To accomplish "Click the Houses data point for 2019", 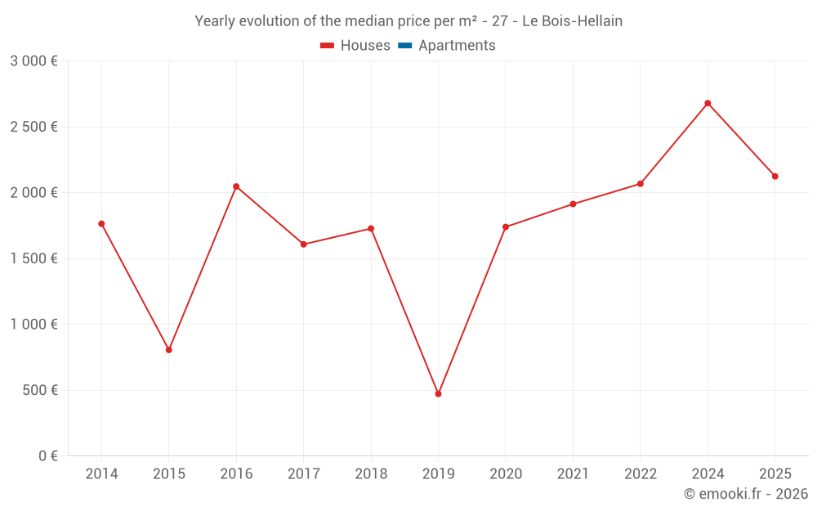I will tap(438, 394).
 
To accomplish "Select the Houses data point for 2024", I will tap(708, 103).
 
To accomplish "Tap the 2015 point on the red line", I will tap(169, 350).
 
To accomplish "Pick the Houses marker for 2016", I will tap(236, 186).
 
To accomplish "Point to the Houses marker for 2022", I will tap(641, 184).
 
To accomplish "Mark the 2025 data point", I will tap(775, 177).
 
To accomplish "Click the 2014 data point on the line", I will tap(101, 224).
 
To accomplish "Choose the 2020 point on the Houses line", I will tap(506, 227).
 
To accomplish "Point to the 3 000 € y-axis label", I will tap(33, 61).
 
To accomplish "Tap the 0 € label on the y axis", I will tap(47, 456).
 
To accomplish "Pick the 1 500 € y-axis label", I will tap(33, 258).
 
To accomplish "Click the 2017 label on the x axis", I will tap(303, 474).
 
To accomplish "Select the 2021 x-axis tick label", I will tap(573, 474).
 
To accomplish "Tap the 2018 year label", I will tap(371, 474).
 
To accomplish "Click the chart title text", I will tap(408, 21).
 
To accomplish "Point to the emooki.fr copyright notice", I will tap(746, 494).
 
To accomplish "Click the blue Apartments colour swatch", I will tap(404, 46).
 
